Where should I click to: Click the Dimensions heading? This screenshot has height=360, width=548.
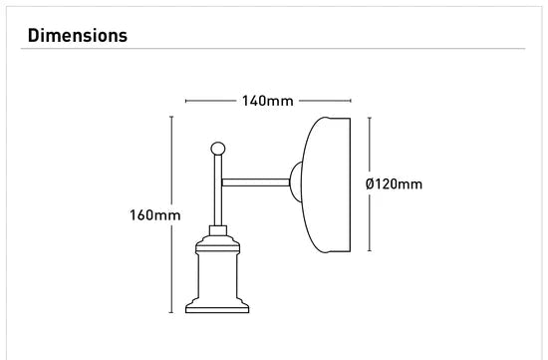(x=78, y=36)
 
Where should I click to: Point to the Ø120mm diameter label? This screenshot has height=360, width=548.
(x=394, y=183)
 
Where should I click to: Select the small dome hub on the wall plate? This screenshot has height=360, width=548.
(x=297, y=182)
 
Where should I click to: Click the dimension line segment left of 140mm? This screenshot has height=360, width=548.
(x=210, y=101)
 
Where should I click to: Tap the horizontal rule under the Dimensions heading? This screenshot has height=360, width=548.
(x=274, y=49)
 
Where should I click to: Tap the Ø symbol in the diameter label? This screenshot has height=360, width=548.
(x=371, y=183)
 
